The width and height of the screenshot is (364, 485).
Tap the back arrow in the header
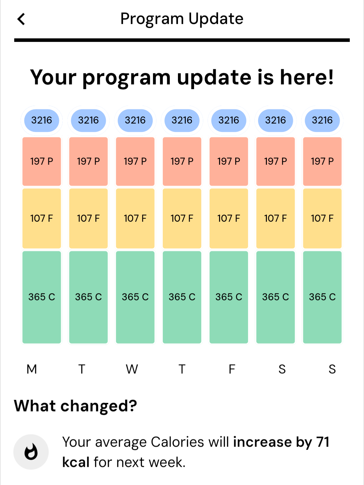click(x=21, y=19)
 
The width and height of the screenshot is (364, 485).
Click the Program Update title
click(x=182, y=19)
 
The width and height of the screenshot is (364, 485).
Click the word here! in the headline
click(x=307, y=77)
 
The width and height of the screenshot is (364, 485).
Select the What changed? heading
click(x=75, y=406)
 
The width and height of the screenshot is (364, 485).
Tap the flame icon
click(x=31, y=452)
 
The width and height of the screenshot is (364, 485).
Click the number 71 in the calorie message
click(x=323, y=442)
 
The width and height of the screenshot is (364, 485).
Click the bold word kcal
click(x=76, y=462)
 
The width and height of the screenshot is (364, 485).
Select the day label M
click(x=32, y=369)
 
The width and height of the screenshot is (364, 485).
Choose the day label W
click(x=132, y=369)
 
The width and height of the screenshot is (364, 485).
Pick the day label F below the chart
click(x=232, y=369)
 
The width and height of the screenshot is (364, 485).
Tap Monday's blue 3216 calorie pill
click(x=42, y=120)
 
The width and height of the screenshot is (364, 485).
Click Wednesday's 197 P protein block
click(x=135, y=161)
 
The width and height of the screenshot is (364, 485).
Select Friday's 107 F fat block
click(x=229, y=218)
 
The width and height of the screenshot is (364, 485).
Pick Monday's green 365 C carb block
click(x=42, y=297)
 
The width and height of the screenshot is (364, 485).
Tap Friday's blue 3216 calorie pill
click(x=229, y=120)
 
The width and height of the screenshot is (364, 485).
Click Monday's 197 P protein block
click(x=42, y=161)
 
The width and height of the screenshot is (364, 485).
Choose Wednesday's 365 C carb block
click(x=135, y=297)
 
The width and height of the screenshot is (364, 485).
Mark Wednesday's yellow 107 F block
click(x=135, y=218)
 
